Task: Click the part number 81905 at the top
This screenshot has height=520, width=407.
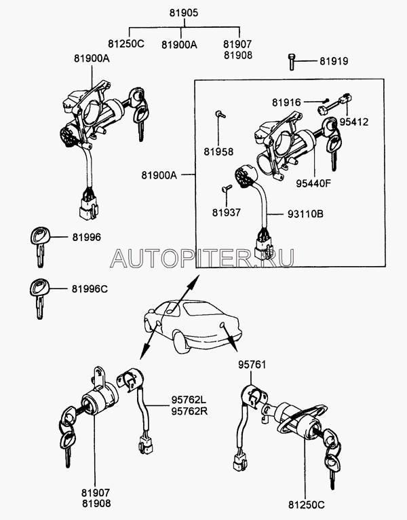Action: [181, 13]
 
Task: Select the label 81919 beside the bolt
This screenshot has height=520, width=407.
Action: [334, 62]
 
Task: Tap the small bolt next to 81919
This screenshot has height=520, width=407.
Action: [292, 61]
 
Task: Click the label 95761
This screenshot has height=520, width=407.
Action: [252, 365]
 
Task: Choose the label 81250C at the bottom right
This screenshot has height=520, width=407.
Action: [306, 504]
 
